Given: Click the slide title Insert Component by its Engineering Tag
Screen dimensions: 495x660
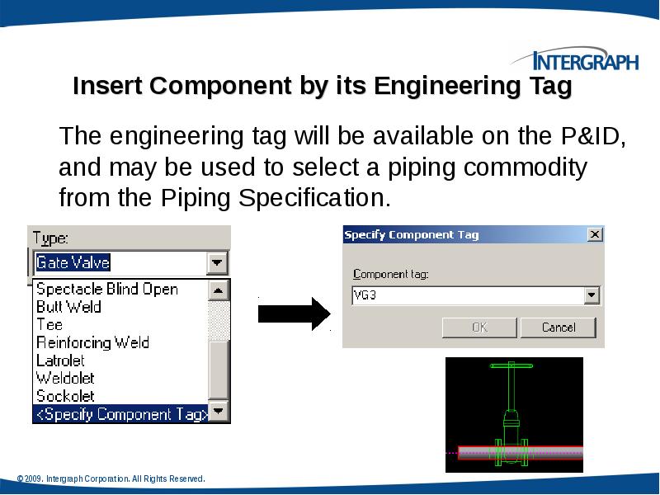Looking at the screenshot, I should (323, 87).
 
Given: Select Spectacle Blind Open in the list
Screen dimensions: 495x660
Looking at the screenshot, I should (107, 289).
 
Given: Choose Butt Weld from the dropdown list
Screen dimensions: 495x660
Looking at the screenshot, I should (68, 307).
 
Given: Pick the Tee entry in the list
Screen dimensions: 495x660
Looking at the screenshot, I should (49, 324).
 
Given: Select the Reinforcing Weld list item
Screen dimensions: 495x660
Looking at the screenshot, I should (92, 342).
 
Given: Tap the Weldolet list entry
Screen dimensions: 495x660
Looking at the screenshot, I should (65, 378).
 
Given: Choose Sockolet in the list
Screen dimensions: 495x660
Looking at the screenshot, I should (65, 396).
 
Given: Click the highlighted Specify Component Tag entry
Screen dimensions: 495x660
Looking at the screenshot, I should (120, 414).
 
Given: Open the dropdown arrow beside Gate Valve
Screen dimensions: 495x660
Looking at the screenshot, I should (217, 263).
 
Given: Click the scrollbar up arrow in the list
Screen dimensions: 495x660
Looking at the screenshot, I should (219, 290).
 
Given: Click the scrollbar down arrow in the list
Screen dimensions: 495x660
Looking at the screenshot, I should (219, 410).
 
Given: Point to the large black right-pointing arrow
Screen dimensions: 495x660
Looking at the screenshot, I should (294, 313).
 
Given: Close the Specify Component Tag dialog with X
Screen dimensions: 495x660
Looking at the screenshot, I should (594, 235).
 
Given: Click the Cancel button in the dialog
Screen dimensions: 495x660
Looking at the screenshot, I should (559, 328).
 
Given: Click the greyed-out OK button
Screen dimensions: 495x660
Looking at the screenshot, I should (479, 328).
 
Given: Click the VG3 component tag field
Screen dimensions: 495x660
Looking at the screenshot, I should (466, 295).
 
